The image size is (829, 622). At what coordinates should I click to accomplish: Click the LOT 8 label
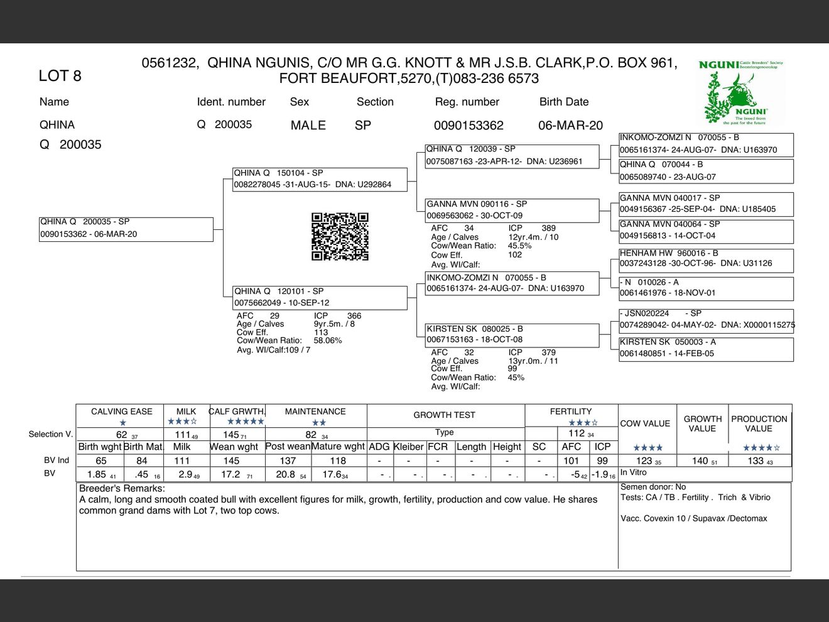pos(60,76)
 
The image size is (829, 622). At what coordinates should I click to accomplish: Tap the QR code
pos(340,236)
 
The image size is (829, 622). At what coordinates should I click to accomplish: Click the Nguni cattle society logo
pos(740,92)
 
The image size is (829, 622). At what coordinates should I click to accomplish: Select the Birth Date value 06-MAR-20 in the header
pos(570,125)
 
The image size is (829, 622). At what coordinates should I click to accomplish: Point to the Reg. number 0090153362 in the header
pos(469,126)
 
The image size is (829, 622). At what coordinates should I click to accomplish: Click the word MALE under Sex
pos(308,125)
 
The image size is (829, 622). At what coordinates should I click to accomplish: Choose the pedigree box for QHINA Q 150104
pos(320,179)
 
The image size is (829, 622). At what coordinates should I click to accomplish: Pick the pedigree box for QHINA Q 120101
pos(320,297)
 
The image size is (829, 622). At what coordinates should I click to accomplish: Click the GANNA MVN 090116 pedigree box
pos(512,210)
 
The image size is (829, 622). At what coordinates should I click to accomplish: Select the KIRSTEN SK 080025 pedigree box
pos(512,334)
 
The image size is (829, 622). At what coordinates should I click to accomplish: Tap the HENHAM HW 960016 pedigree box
pos(706,258)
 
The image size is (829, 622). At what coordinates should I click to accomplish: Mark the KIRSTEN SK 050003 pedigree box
pos(706,348)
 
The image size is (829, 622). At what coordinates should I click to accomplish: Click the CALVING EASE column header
pos(121,412)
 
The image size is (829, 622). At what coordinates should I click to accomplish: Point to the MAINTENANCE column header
pos(315,412)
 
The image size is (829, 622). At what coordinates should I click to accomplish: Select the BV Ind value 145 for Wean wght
pos(231,461)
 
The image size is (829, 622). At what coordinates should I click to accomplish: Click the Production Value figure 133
pos(756,461)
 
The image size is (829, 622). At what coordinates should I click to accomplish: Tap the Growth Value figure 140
pos(700,461)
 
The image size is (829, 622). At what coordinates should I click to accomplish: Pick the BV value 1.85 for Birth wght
pos(97,474)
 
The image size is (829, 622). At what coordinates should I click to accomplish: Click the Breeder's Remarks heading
pos(122,488)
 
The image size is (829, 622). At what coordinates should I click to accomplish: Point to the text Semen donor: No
pos(653,487)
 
